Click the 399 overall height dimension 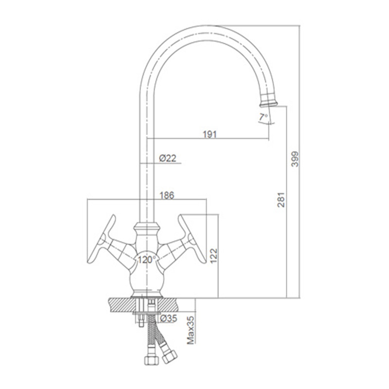[295, 159]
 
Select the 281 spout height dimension [282, 200]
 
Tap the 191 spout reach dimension [210, 134]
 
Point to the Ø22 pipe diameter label [168, 158]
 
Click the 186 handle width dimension [167, 195]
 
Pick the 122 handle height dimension [213, 256]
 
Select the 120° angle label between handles [147, 260]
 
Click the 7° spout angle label [264, 117]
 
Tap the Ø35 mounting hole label [168, 318]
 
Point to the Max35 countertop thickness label [191, 330]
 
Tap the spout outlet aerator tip [268, 102]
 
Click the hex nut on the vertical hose [151, 360]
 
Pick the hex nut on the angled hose [169, 356]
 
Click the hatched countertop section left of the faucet [121, 305]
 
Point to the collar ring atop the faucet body [147, 226]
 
